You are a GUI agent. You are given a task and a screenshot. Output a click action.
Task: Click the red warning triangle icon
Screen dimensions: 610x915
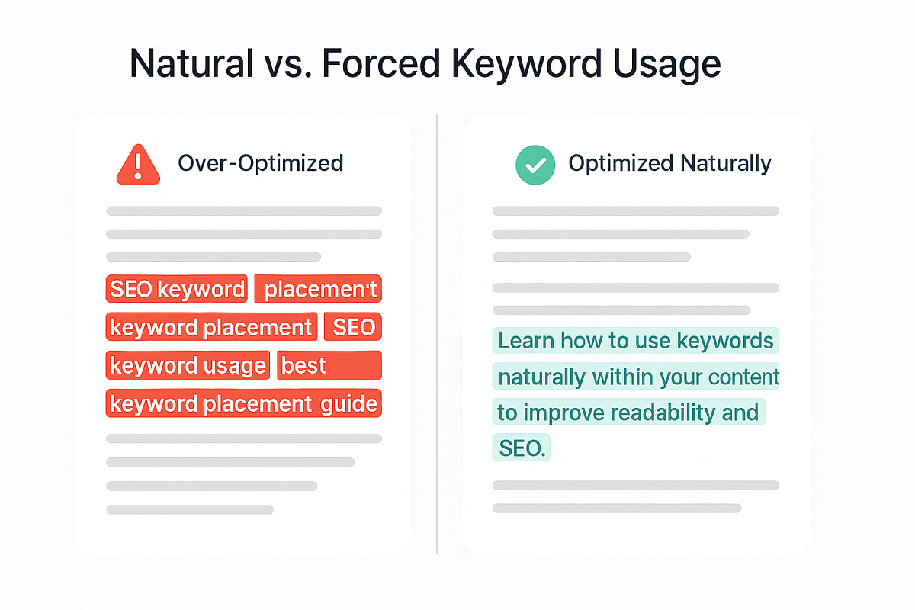point(138,165)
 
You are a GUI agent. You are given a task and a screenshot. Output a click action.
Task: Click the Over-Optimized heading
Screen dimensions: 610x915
point(260,163)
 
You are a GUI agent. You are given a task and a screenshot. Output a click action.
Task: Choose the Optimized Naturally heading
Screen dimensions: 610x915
point(669,163)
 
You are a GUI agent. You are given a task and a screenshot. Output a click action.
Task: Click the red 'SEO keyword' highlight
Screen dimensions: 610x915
point(177,290)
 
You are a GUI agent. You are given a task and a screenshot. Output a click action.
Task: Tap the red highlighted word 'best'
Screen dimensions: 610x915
point(303,366)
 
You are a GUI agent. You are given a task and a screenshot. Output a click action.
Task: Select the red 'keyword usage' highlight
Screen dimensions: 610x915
point(188,366)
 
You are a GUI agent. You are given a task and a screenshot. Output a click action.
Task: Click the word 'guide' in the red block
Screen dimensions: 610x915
point(348,403)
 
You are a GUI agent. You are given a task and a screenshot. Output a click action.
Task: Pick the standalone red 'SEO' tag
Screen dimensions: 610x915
point(354,328)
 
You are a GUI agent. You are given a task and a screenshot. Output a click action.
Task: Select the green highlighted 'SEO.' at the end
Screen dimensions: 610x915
point(522,449)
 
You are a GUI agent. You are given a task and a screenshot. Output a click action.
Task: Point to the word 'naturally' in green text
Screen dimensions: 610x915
point(541,377)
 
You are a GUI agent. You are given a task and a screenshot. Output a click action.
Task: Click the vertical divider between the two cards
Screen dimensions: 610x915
point(437,335)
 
